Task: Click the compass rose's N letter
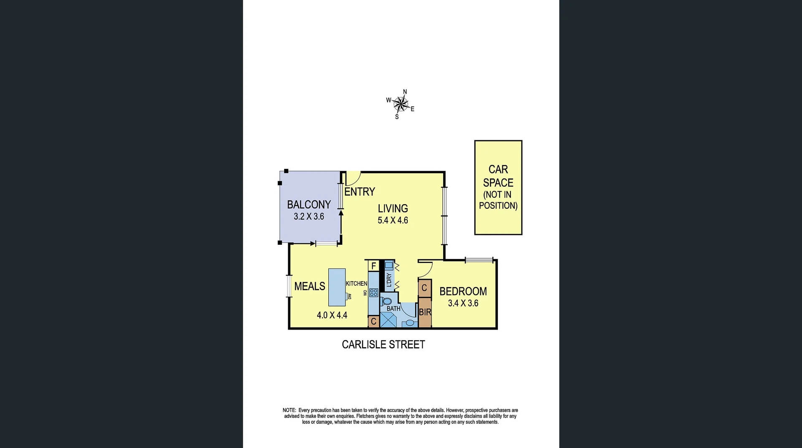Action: (405, 92)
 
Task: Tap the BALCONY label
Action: (309, 205)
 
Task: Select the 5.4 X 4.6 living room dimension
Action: (393, 220)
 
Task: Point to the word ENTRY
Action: (360, 192)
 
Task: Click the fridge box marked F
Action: (374, 266)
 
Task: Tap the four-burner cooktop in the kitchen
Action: (373, 292)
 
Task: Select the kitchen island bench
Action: (337, 287)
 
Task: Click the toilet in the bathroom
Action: (386, 301)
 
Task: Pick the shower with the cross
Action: (388, 320)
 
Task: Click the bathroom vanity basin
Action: (409, 323)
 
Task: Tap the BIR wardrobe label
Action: (425, 312)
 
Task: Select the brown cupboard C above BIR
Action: (424, 288)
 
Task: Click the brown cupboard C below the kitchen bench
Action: (373, 322)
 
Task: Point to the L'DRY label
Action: (389, 279)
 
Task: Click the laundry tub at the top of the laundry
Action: (389, 265)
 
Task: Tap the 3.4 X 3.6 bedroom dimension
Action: (463, 303)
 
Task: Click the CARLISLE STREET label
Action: (383, 344)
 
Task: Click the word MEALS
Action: (310, 286)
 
